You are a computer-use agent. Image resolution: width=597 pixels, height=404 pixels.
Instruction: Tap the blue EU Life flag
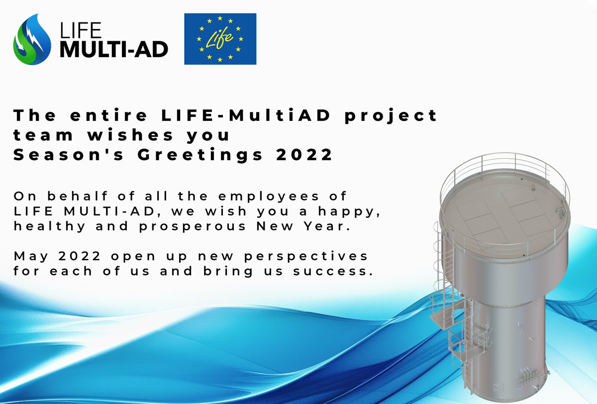click(x=220, y=39)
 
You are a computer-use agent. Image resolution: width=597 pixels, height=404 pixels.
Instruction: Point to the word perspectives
click(x=304, y=256)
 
